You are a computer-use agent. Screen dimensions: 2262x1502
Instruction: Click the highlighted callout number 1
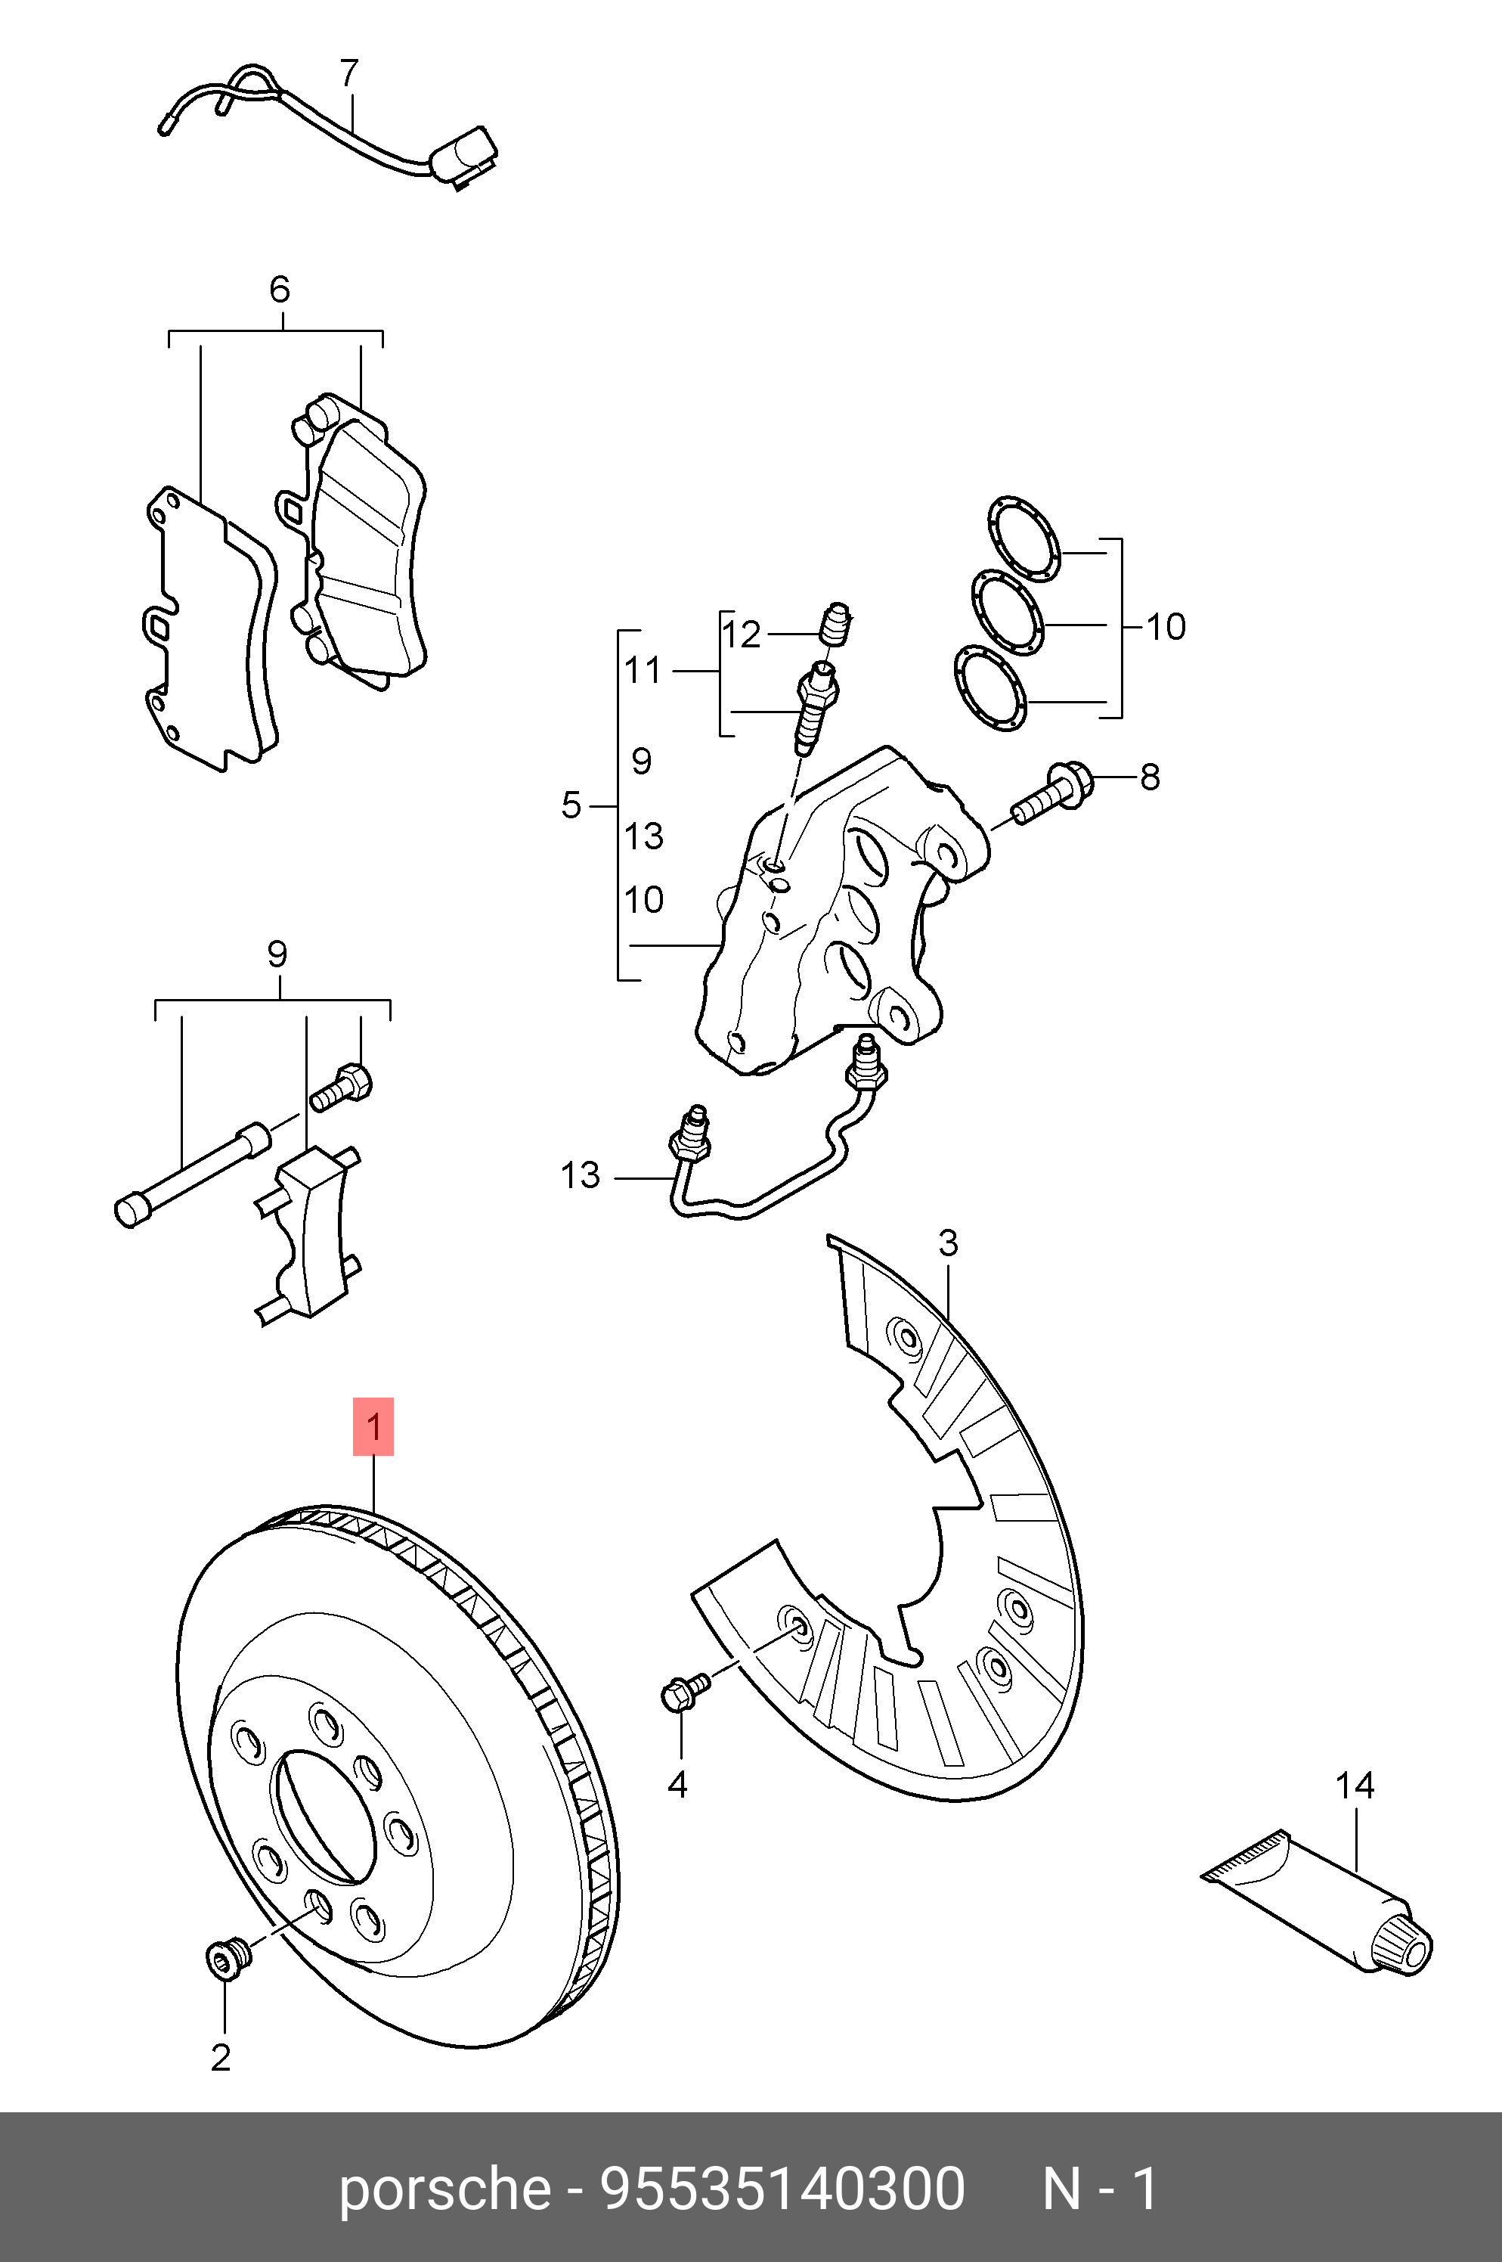click(x=373, y=1426)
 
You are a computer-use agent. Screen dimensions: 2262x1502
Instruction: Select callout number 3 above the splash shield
click(x=947, y=1243)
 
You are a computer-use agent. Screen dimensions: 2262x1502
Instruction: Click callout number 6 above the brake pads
click(x=279, y=290)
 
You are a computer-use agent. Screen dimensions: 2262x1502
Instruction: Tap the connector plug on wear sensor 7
click(x=465, y=155)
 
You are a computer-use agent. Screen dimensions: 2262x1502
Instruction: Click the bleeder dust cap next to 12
click(x=836, y=624)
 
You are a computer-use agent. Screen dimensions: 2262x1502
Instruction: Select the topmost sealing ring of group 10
click(x=1023, y=539)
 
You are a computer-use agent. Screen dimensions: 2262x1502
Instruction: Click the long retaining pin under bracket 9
click(x=191, y=1174)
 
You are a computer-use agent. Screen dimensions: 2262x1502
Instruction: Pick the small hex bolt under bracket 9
click(x=342, y=1089)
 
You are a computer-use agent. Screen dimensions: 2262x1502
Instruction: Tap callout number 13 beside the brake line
click(x=580, y=1175)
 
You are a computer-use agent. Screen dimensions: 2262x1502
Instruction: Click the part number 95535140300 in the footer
click(x=782, y=2189)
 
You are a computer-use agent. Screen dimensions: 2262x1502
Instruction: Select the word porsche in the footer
click(x=444, y=2189)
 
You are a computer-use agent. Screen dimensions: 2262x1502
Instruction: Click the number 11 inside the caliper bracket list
click(x=643, y=671)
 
